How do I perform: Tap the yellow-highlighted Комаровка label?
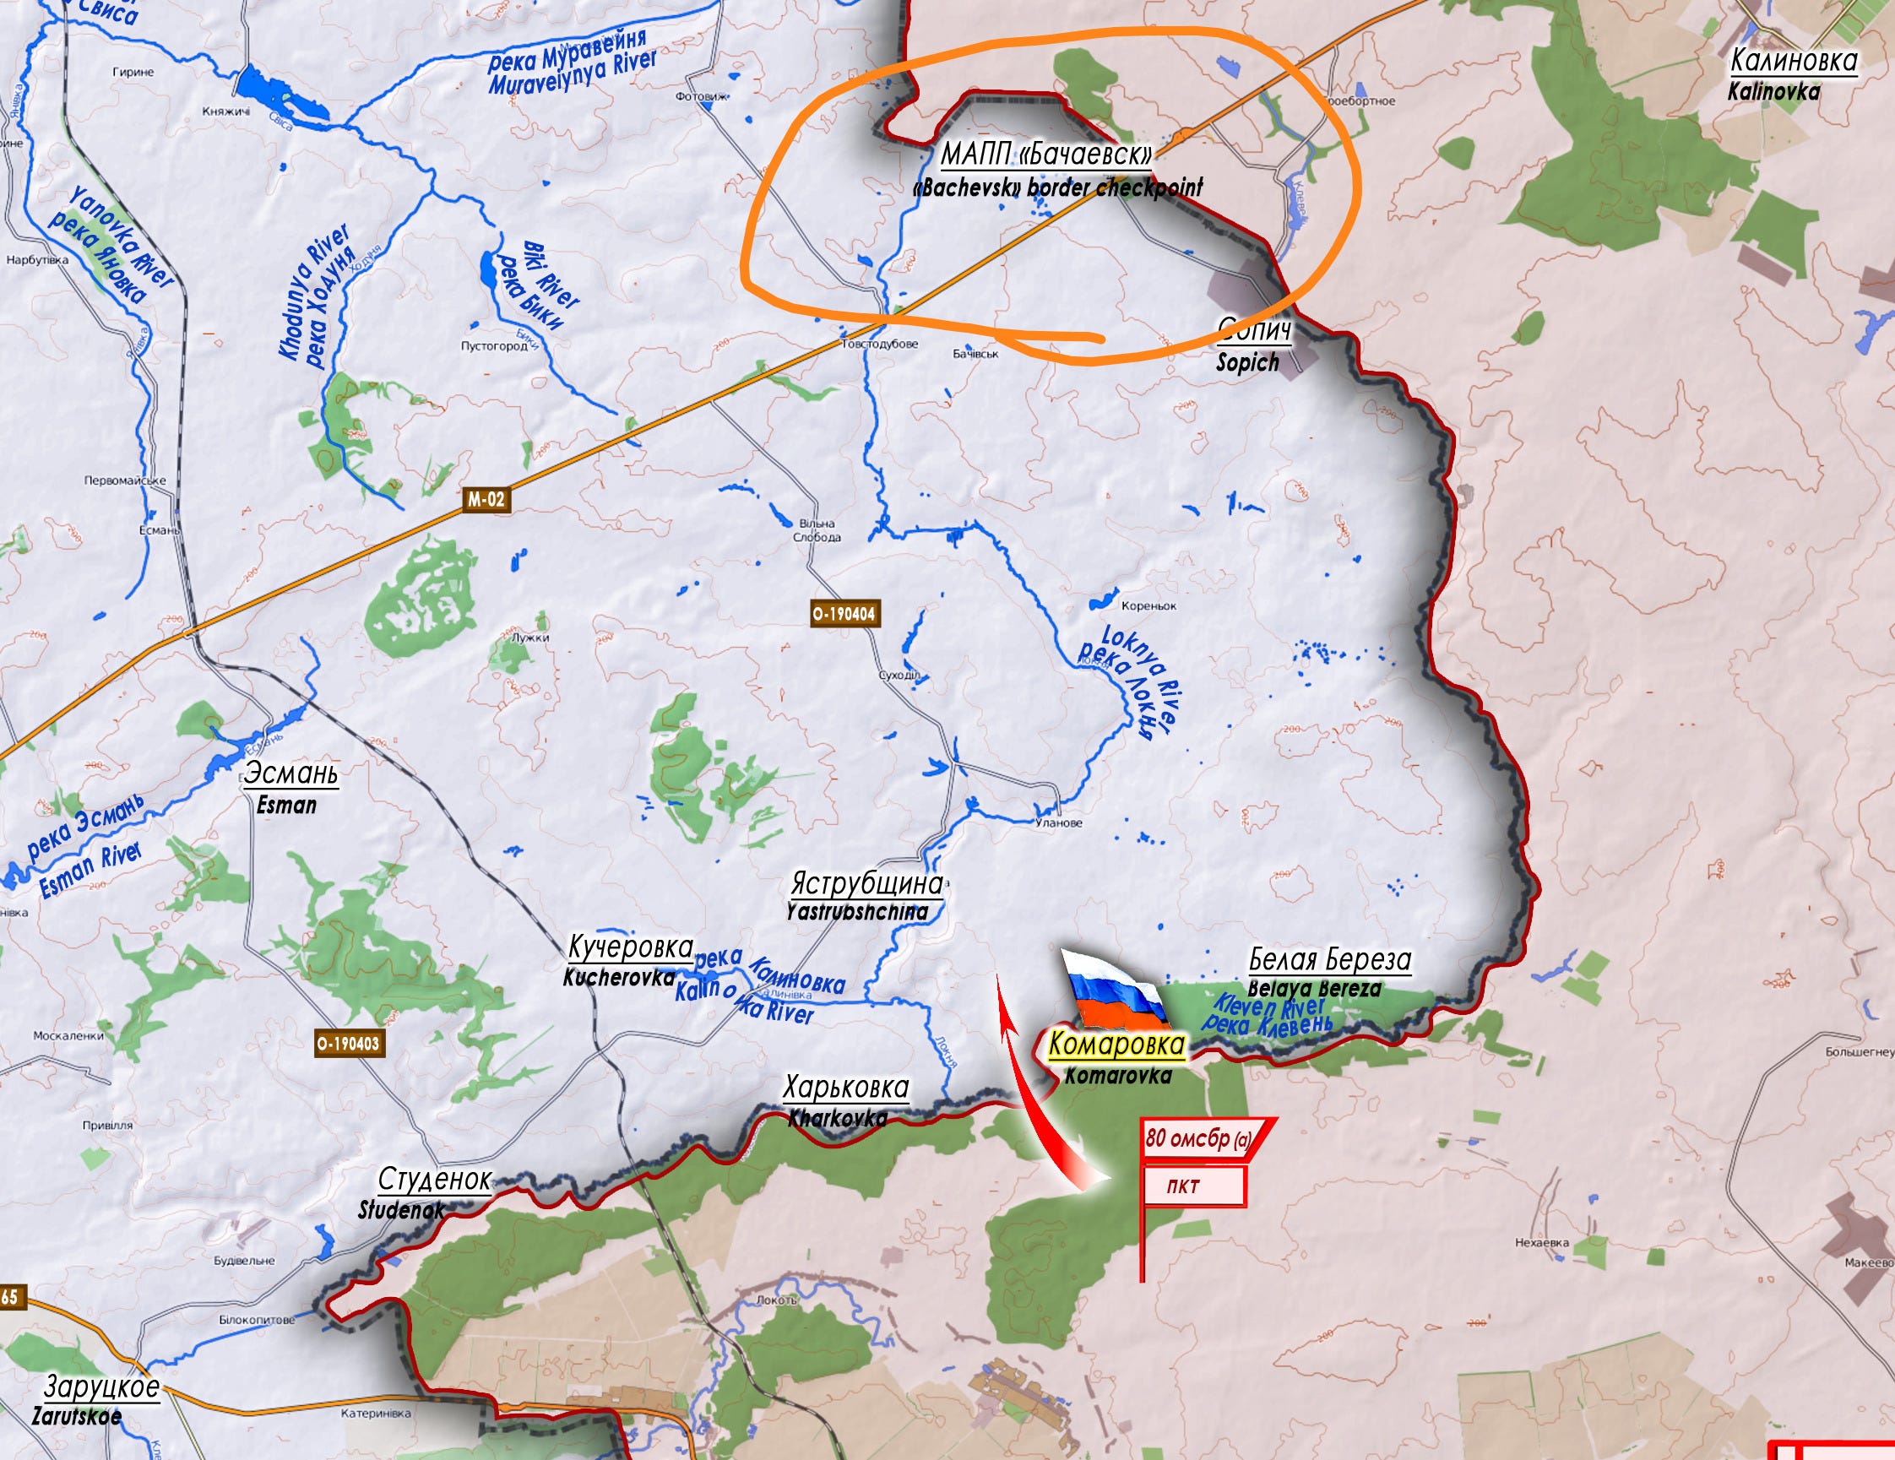(1116, 1045)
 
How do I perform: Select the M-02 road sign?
(485, 500)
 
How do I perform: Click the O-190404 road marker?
(844, 614)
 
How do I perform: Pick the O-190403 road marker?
(348, 1044)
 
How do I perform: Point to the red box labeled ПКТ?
(1194, 1186)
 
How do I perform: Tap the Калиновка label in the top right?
(1794, 61)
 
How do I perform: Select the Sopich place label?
(1248, 362)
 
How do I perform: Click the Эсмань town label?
(290, 773)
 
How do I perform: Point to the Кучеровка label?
(631, 947)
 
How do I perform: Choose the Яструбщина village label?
(866, 884)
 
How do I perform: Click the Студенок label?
(435, 1180)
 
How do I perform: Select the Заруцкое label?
(101, 1387)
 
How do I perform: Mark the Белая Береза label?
(1329, 959)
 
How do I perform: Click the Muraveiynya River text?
(572, 75)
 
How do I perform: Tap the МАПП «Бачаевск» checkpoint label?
(1047, 155)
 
